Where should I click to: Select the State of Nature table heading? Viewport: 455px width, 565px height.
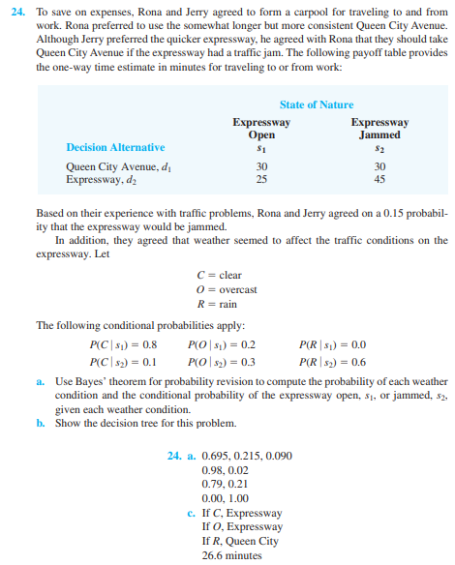317,104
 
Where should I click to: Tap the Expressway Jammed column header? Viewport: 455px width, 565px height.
379,129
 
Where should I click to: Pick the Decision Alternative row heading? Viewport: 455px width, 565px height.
115,147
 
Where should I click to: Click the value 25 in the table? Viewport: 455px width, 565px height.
261,179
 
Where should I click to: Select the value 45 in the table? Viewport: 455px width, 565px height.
379,179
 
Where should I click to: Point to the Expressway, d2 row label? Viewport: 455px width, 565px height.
101,179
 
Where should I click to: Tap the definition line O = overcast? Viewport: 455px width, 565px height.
226,290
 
